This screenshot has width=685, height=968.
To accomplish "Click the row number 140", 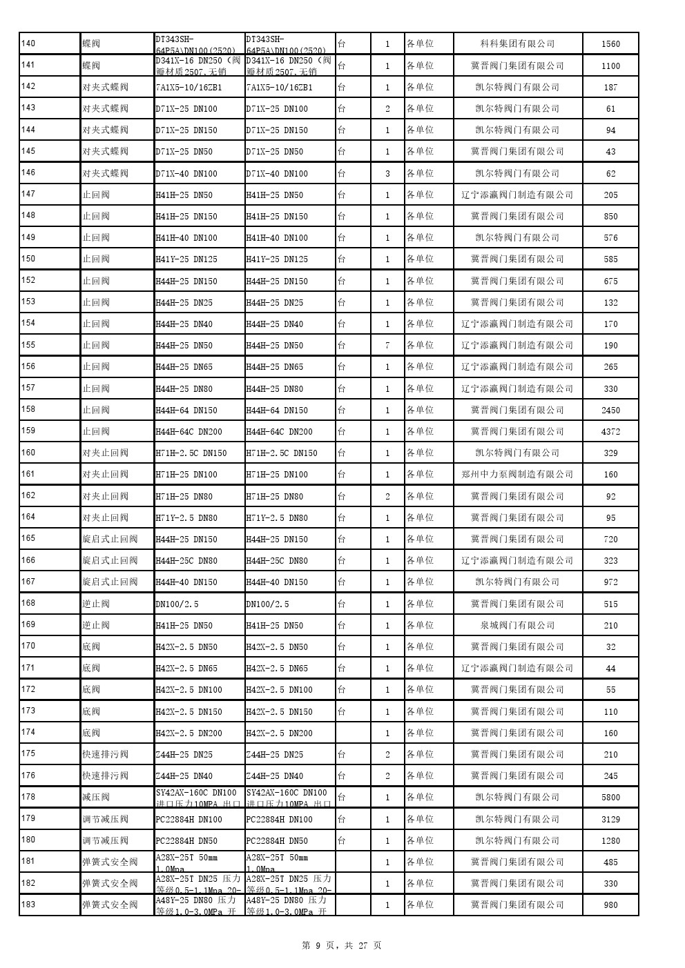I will (x=29, y=44).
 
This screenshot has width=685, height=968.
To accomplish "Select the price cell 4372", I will (x=610, y=432).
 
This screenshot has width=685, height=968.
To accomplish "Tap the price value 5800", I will (x=610, y=798).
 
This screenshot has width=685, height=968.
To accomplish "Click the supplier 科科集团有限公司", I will (x=517, y=44).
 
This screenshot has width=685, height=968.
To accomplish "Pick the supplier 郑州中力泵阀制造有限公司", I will (x=517, y=475).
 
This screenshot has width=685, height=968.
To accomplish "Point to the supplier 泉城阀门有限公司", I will (x=517, y=626).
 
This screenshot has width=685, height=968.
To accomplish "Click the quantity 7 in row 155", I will (x=387, y=346).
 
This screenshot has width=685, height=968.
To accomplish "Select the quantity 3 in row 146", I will (x=387, y=174).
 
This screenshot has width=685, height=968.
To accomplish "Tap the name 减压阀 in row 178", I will (x=96, y=798).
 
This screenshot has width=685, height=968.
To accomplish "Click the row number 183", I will (x=29, y=904).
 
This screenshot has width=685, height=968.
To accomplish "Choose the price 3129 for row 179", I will (x=610, y=820).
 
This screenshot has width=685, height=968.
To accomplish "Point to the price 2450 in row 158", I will (x=610, y=411).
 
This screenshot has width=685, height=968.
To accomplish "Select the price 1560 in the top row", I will (x=610, y=44).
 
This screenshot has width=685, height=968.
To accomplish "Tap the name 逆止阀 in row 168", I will (x=96, y=604).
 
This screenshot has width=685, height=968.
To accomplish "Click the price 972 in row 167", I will (x=610, y=582).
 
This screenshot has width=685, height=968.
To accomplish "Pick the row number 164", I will (x=29, y=517).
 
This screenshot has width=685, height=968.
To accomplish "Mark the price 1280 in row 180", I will (x=610, y=841).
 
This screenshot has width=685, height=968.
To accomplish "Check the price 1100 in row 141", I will (x=610, y=66).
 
